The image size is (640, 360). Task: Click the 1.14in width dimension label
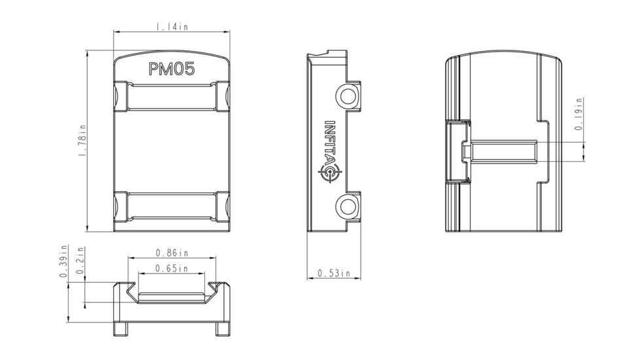(172, 27)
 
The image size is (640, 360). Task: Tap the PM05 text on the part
(171, 69)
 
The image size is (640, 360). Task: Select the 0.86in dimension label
(172, 253)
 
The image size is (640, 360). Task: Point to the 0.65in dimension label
(172, 268)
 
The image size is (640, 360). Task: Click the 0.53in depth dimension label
(334, 273)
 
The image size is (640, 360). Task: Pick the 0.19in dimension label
(578, 114)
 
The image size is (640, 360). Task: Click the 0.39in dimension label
(64, 262)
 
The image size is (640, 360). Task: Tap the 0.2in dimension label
(80, 262)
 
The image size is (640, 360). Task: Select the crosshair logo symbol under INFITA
(330, 173)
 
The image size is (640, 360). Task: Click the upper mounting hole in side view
(346, 97)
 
